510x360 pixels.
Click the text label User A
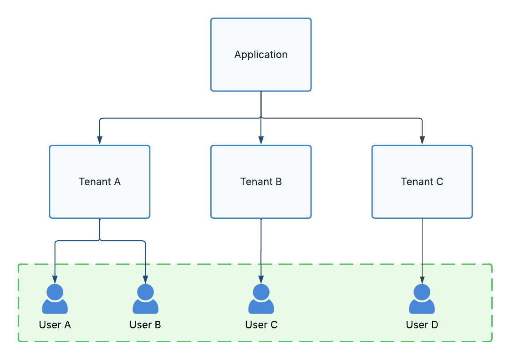click(55, 325)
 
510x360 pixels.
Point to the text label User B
click(145, 325)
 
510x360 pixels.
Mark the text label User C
click(261, 325)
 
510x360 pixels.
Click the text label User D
click(422, 325)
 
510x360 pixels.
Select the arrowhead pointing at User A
click(55, 279)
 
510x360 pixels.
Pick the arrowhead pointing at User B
click(145, 279)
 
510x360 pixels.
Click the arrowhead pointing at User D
click(422, 279)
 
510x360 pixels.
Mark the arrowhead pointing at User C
click(261, 279)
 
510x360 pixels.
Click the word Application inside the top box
click(261, 55)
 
